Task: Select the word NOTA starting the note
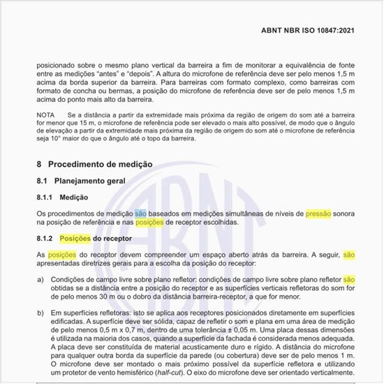(x=46, y=113)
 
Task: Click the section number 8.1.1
(x=47, y=197)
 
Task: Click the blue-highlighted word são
(x=140, y=212)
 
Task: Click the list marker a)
(x=40, y=279)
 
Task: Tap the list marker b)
(x=40, y=315)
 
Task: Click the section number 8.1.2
(x=47, y=239)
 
